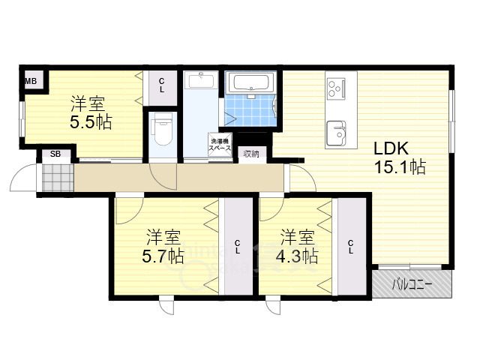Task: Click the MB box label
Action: pyautogui.click(x=31, y=79)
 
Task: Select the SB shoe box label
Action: pyautogui.click(x=55, y=154)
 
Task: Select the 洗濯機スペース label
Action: pyautogui.click(x=220, y=145)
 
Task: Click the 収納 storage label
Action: pyautogui.click(x=250, y=154)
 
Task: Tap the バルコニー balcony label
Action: pyautogui.click(x=412, y=284)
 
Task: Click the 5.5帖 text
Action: pyautogui.click(x=91, y=121)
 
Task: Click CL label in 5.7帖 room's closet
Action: pyautogui.click(x=237, y=247)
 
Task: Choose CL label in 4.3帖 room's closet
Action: pyautogui.click(x=350, y=247)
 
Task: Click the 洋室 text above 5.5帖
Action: pyautogui.click(x=88, y=103)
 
